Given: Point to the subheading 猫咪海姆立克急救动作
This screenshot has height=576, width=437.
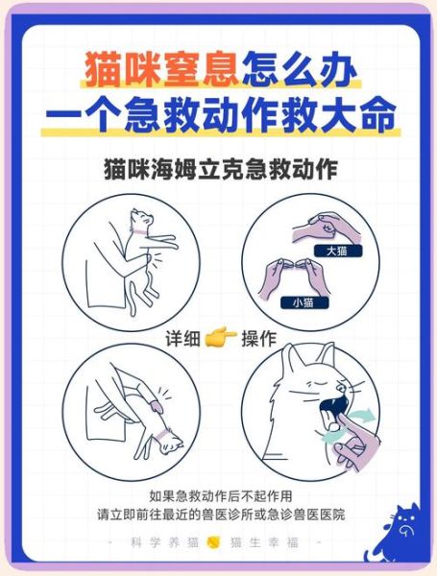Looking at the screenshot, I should pyautogui.click(x=219, y=169).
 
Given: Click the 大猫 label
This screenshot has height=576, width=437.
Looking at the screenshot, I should pyautogui.click(x=335, y=251).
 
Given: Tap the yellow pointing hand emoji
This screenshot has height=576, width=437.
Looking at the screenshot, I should pyautogui.click(x=221, y=339).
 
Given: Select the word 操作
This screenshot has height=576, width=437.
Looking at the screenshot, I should pyautogui.click(x=259, y=339).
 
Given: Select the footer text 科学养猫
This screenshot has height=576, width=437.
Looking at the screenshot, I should pyautogui.click(x=164, y=542).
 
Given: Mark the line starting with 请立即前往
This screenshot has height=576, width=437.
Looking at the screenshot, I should pyautogui.click(x=219, y=516).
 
